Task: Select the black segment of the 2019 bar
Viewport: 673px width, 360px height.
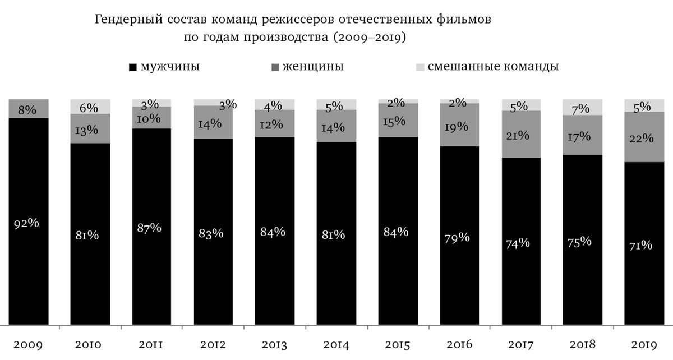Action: [644, 280]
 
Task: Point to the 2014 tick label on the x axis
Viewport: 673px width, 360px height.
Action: [336, 344]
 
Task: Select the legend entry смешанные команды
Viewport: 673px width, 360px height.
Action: [486, 67]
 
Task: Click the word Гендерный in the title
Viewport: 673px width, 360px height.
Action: [128, 21]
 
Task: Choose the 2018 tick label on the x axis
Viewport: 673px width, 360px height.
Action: [583, 344]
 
